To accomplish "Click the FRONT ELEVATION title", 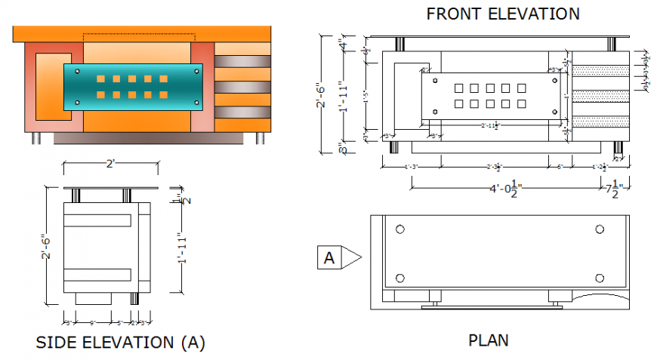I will click(503, 14).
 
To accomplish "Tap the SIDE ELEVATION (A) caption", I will click(120, 343).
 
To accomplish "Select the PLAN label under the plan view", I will click(489, 340).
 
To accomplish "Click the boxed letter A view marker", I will click(329, 258).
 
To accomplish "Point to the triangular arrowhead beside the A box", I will click(351, 258).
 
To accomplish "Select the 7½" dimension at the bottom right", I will click(613, 188).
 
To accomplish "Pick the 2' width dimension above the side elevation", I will click(110, 164).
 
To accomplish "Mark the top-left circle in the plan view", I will click(400, 229).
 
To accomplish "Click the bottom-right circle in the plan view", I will click(600, 278).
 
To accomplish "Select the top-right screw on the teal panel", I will click(196, 71).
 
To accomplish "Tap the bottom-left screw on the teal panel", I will click(69, 103).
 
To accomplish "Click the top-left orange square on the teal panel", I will click(100, 78).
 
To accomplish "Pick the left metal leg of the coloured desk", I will click(35, 138).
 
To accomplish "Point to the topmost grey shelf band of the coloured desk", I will click(242, 60).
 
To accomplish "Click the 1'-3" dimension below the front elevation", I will click(412, 166).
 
